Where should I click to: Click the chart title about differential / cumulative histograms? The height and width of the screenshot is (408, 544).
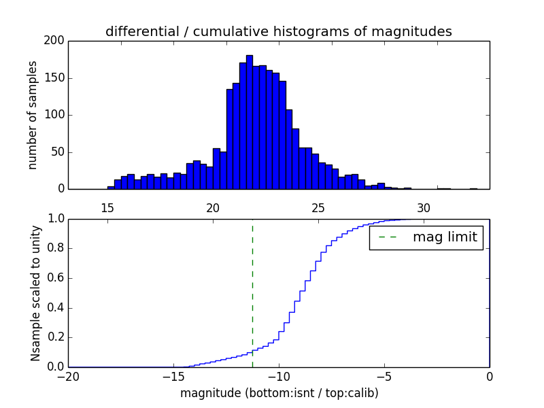pos(278,31)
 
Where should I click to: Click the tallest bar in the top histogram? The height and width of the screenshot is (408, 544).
pos(250,122)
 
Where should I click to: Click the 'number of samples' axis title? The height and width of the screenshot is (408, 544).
pos(33,115)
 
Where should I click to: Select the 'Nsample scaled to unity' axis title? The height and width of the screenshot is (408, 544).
pos(35,293)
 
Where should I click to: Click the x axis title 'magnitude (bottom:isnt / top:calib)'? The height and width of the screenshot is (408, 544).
pos(279,393)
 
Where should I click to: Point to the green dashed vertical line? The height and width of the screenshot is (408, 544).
pos(252,292)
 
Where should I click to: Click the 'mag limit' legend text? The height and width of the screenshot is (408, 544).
pos(445,237)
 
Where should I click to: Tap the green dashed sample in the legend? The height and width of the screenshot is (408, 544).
pos(388,237)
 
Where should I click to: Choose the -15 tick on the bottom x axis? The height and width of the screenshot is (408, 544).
pos(173,376)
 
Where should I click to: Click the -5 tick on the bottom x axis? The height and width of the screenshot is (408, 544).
pos(384,376)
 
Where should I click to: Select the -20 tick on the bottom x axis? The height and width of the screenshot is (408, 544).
pos(68,376)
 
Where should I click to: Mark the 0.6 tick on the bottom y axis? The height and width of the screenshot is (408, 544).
pos(56,278)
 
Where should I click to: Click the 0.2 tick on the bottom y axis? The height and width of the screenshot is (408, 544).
pos(56,337)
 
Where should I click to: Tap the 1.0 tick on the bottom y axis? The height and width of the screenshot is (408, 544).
pos(56,219)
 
